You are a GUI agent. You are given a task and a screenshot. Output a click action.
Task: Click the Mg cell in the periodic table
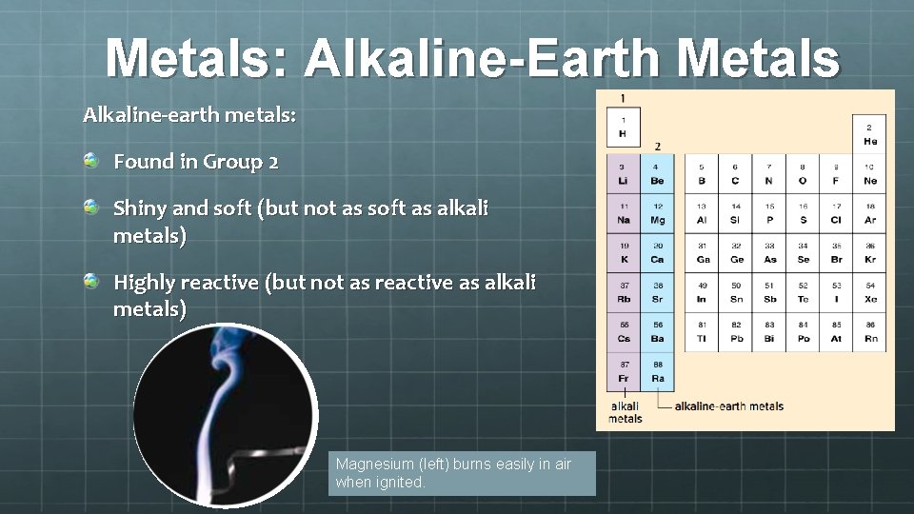tap(658, 213)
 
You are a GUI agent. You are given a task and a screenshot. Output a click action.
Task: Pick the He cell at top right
tap(869, 134)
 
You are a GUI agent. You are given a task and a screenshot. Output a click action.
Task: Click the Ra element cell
tap(658, 371)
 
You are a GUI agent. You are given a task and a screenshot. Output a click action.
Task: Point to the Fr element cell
tap(624, 371)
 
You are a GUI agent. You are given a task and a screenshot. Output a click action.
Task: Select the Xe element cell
tap(869, 292)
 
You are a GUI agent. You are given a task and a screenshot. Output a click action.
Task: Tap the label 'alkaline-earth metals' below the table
tap(729, 406)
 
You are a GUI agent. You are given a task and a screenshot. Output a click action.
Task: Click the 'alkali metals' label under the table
tap(625, 412)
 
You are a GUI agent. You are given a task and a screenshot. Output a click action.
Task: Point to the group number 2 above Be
tap(657, 146)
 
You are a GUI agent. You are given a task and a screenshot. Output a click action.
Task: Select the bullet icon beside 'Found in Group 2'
tap(90, 161)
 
